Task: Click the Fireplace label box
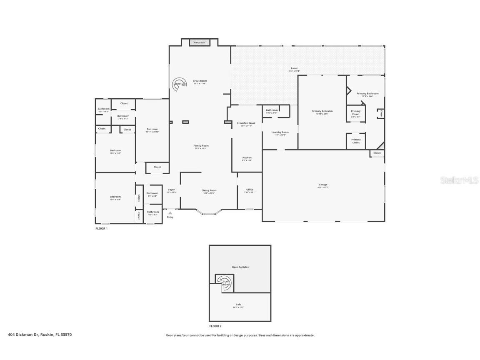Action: coord(199,42)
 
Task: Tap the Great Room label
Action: coord(200,81)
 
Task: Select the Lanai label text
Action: coord(294,68)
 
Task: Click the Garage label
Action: coord(323,185)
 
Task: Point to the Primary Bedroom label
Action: coord(322,111)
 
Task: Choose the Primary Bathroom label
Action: coord(367,94)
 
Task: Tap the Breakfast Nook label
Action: coord(246,123)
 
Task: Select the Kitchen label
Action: coord(247,158)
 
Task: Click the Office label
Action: coord(250,190)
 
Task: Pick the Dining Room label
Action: coord(209,190)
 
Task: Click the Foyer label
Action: coord(171,190)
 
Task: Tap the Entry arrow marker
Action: coord(170,213)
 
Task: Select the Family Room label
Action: coord(200,146)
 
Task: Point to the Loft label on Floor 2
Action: coord(238,305)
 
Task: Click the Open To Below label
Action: coord(240,267)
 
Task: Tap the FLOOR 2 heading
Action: coord(215,326)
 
